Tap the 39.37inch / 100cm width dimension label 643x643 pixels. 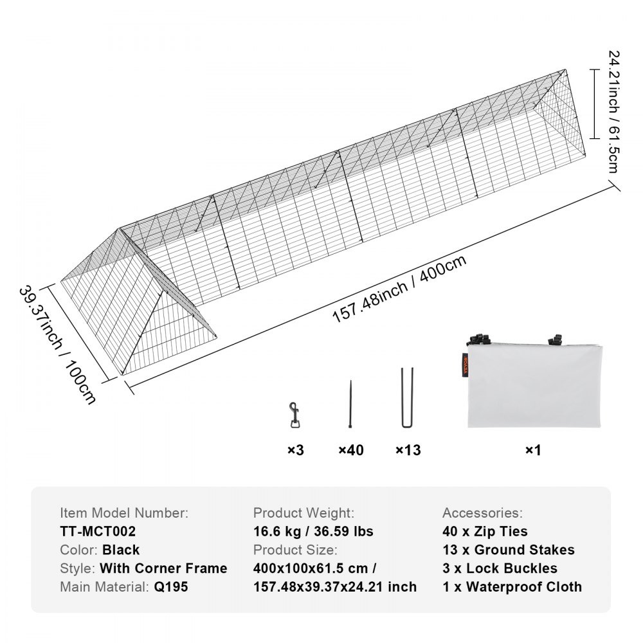point(57,345)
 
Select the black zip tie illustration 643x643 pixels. point(350,405)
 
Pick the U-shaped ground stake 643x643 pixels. point(407,397)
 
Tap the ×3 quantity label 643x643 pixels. point(296,450)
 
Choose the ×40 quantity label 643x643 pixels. point(351,450)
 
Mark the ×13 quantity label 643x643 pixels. point(408,450)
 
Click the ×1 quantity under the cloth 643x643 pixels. point(533,450)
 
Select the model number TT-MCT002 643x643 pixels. point(98,532)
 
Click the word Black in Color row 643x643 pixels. point(121,550)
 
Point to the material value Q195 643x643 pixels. point(171,587)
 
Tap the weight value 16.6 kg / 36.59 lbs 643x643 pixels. point(313,532)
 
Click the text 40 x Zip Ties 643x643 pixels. point(485,532)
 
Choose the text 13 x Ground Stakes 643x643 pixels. point(508,550)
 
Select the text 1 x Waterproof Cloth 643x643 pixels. point(512,587)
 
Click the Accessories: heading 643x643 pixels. point(482,513)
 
